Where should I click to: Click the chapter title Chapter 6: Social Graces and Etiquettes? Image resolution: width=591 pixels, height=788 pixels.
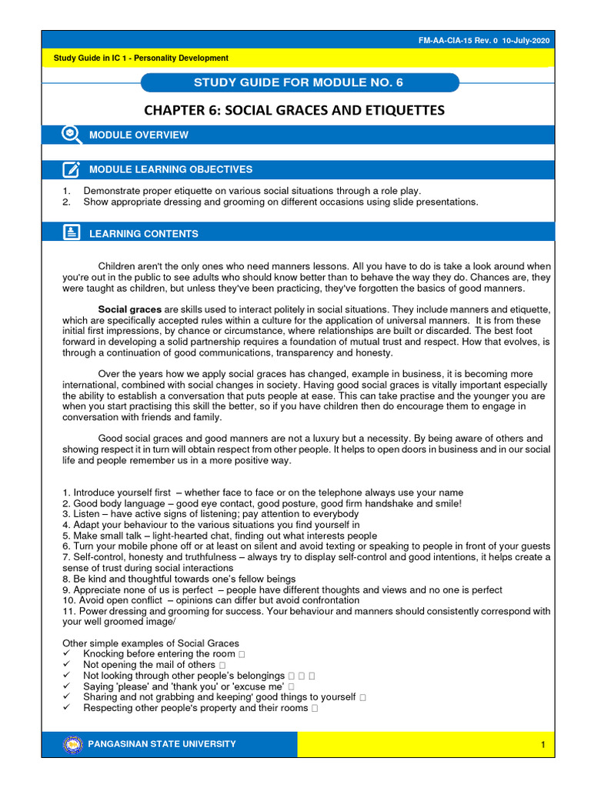point(295,110)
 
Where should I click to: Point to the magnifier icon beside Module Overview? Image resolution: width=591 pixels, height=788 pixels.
point(71,135)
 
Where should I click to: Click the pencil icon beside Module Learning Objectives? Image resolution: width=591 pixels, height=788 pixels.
point(71,169)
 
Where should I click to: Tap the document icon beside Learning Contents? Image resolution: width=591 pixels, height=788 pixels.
point(71,232)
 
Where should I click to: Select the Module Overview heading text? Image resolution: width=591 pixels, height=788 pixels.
point(139,135)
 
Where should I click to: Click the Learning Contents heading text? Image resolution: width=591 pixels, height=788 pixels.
point(144,233)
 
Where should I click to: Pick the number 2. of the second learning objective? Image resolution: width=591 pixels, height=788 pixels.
point(66,202)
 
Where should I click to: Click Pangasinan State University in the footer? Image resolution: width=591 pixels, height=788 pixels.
point(162,744)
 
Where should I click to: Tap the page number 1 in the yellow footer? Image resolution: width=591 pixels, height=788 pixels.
point(543,745)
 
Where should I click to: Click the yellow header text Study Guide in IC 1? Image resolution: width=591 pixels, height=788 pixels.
point(140,58)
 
